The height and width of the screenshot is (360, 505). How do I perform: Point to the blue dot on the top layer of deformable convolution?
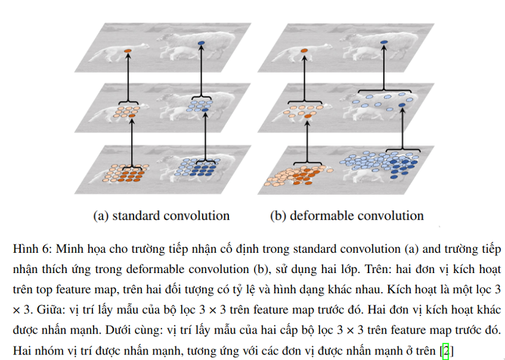(384, 42)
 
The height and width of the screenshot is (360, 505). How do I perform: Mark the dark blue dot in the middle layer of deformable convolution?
(402, 106)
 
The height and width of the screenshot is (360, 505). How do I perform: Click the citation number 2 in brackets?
(446, 350)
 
